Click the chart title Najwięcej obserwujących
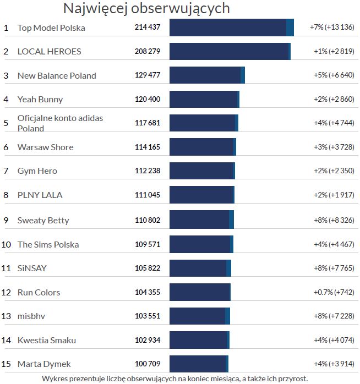click(x=146, y=8)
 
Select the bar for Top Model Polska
click(x=231, y=28)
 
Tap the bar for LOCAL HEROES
click(x=230, y=51)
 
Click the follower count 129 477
click(x=148, y=75)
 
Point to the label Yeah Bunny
click(x=40, y=100)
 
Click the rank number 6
click(x=6, y=147)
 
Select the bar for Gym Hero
click(x=202, y=171)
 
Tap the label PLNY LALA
click(x=40, y=195)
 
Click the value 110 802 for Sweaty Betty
click(x=148, y=220)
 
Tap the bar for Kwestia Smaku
click(x=199, y=340)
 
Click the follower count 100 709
click(x=148, y=364)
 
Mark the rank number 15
click(x=7, y=364)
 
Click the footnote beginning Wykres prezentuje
click(x=174, y=378)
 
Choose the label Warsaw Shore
click(x=45, y=147)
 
